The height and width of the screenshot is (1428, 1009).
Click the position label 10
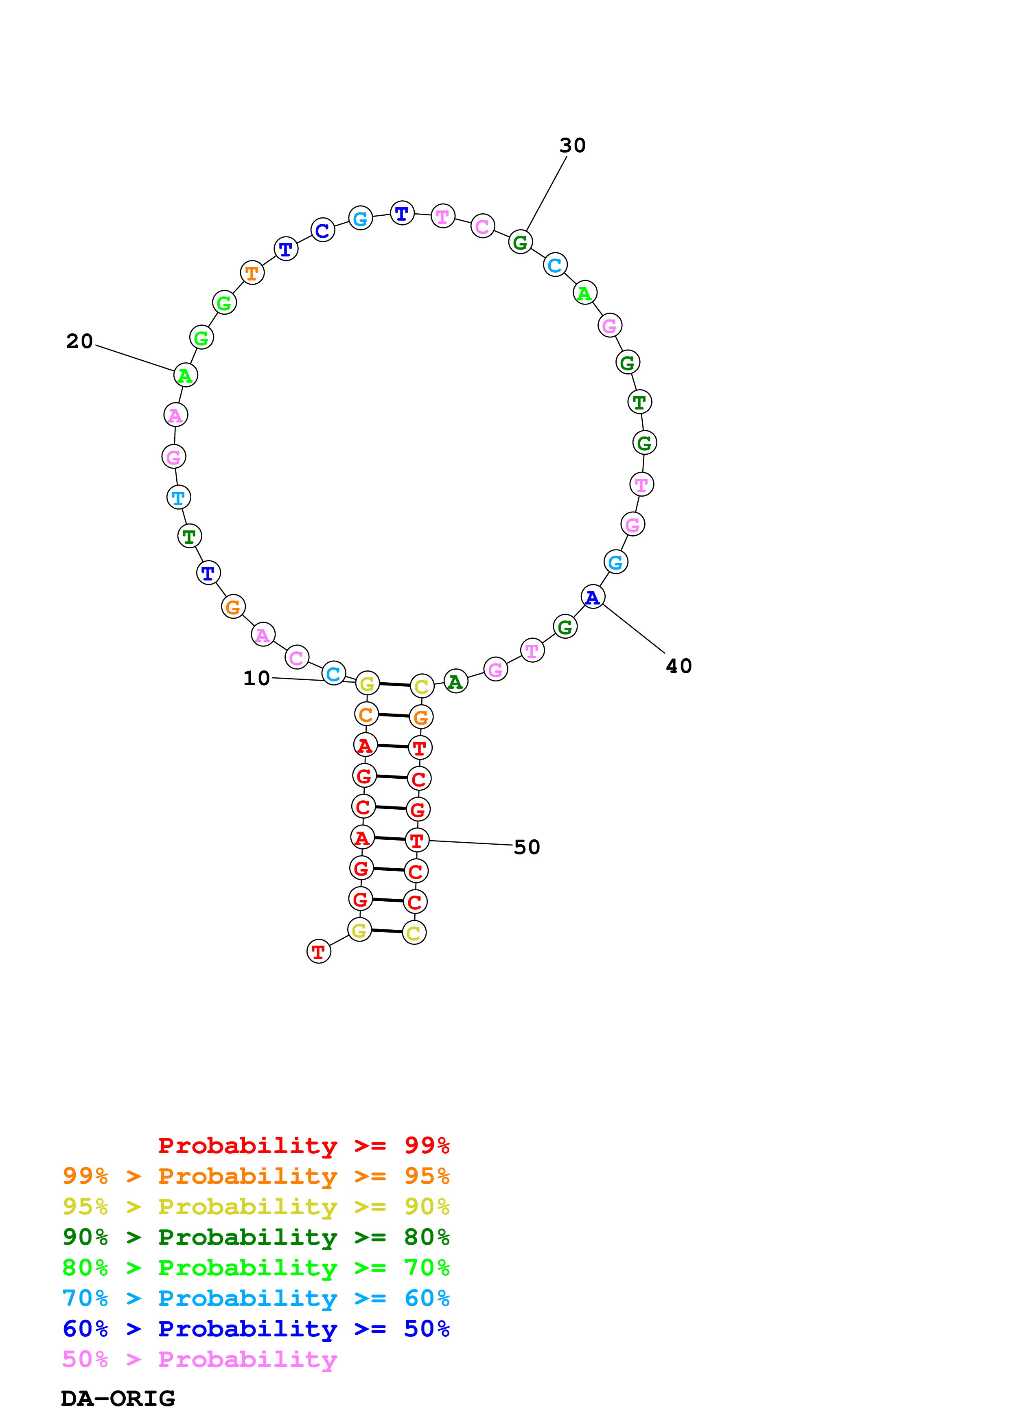256,678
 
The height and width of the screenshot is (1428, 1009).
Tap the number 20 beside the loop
80,341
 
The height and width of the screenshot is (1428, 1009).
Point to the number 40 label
678,666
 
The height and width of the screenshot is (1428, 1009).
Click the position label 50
527,847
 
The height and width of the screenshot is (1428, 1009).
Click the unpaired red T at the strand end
318,952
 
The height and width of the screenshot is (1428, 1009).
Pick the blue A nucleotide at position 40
593,597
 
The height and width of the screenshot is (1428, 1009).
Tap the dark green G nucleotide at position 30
520,242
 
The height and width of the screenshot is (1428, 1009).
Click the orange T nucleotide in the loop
252,272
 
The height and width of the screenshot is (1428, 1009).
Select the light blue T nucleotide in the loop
178,497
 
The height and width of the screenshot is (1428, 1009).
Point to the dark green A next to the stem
456,682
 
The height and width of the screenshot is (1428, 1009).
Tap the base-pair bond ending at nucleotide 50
390,839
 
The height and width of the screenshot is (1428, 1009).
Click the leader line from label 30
547,193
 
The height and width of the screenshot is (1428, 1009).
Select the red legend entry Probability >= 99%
303,1145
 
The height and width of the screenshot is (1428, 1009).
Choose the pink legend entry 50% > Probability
199,1360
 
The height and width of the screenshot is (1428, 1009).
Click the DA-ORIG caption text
118,1399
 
